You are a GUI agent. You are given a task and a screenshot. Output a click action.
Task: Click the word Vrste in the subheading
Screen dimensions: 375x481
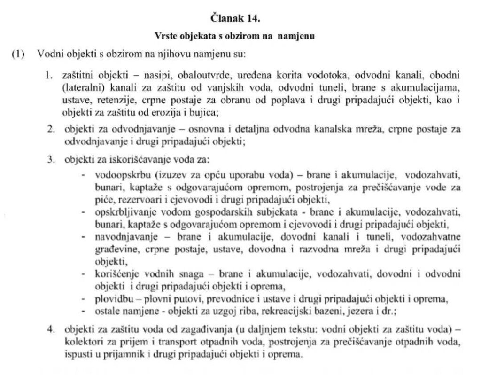click(x=164, y=36)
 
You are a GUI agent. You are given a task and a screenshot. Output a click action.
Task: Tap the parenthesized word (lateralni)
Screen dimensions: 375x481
click(x=80, y=88)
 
